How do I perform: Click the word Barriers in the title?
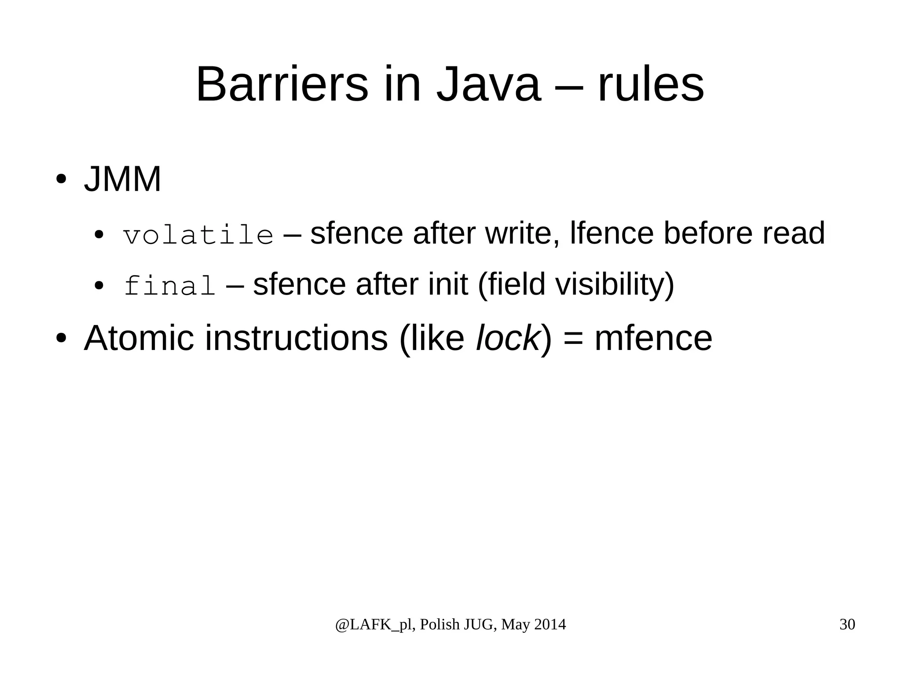(x=282, y=84)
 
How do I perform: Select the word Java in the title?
(x=488, y=84)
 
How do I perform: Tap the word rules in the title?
(x=651, y=84)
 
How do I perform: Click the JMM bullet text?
(x=122, y=179)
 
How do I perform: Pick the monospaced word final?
(x=170, y=285)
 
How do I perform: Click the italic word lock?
(x=508, y=338)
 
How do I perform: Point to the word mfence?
(x=653, y=338)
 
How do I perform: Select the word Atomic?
(x=139, y=338)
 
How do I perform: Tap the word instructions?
(x=296, y=338)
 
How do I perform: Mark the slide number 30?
(x=847, y=624)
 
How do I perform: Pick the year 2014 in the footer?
(x=550, y=624)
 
